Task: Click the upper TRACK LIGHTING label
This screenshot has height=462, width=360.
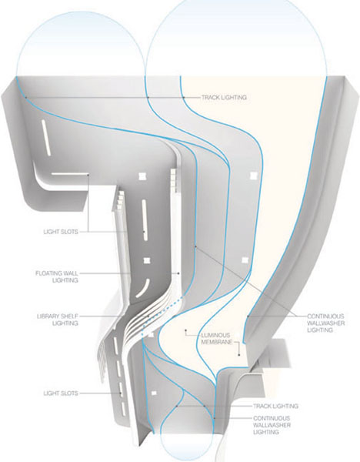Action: click(224, 97)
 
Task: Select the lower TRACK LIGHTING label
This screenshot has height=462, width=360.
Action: click(275, 406)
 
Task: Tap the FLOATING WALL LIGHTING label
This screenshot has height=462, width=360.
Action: click(57, 276)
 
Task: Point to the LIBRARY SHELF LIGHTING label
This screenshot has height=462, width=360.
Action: click(58, 320)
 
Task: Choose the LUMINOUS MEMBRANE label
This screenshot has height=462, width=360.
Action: click(216, 339)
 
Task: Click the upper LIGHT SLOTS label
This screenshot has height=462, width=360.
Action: click(61, 232)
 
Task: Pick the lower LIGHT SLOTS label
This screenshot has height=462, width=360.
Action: click(61, 393)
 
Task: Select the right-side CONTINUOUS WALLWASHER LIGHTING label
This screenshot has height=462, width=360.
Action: click(325, 323)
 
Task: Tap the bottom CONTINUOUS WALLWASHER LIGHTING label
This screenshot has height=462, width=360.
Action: click(272, 425)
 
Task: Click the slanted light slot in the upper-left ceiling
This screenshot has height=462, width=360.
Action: click(45, 138)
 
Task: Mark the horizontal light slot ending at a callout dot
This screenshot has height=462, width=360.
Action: click(70, 174)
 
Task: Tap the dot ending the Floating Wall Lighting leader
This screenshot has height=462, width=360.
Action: click(178, 273)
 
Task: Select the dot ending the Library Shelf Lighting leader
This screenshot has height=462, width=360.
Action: click(148, 316)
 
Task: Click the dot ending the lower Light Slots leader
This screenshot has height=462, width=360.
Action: click(121, 393)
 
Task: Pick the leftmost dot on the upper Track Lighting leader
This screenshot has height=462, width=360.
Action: click(26, 97)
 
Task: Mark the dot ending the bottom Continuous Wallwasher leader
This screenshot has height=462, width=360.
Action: click(215, 418)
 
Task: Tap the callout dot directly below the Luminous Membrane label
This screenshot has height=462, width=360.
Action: click(239, 355)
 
